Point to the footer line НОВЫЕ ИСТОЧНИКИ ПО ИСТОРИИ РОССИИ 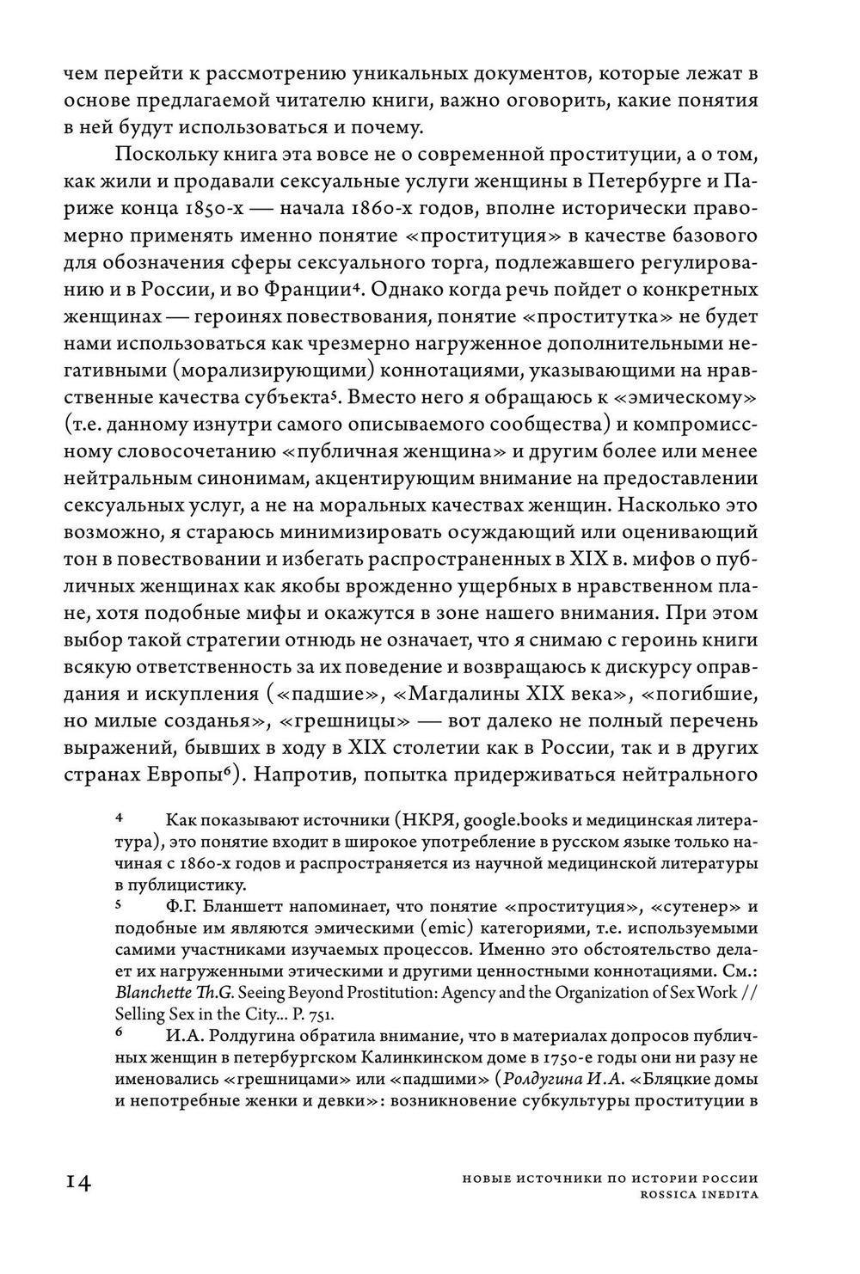point(605,1179)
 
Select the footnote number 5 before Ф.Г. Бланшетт point(120,904)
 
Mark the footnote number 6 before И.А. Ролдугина point(120,1034)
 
